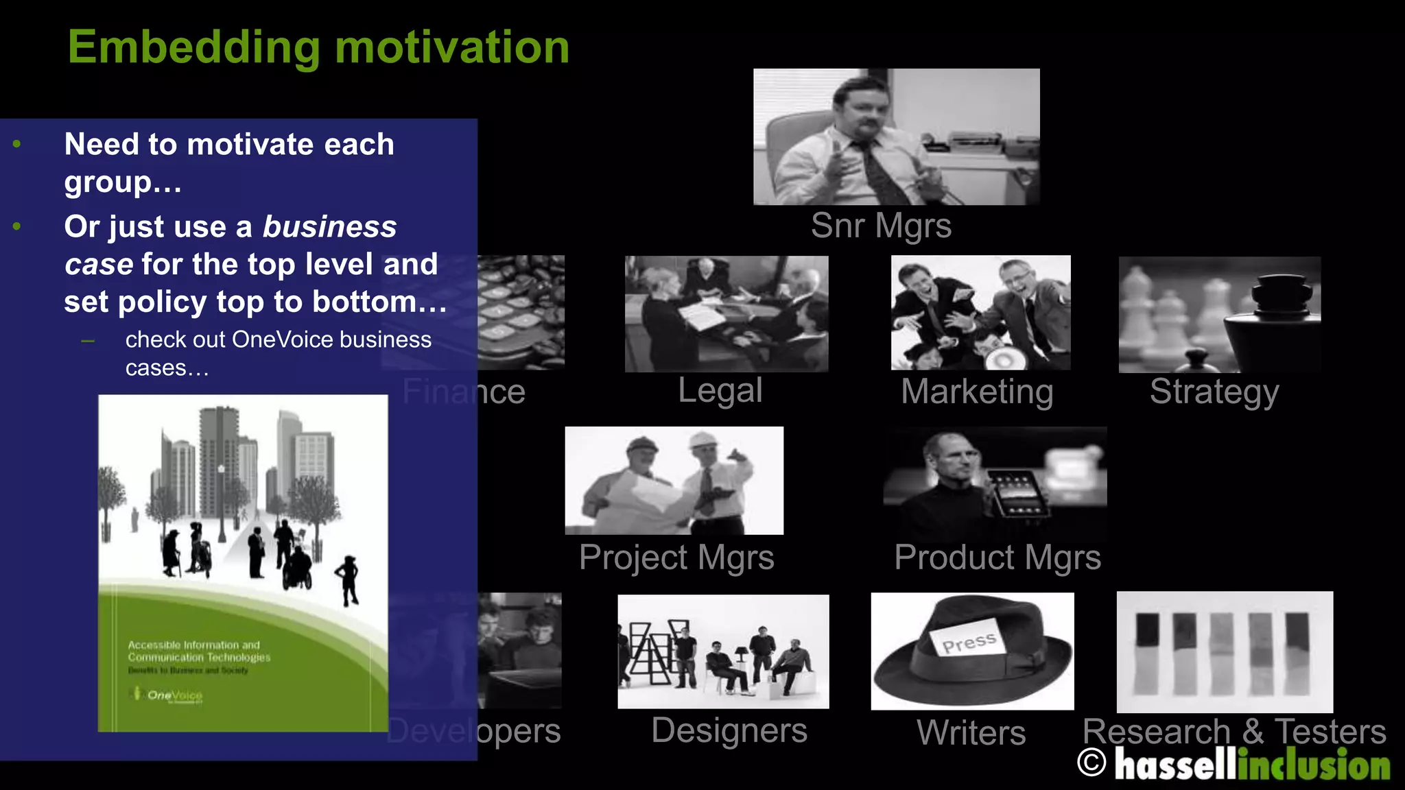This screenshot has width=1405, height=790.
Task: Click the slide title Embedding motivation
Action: click(x=318, y=48)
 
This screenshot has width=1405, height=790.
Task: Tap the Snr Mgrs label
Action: click(x=881, y=226)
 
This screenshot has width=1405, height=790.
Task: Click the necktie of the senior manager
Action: click(x=877, y=171)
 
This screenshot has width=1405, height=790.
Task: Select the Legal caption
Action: click(x=720, y=391)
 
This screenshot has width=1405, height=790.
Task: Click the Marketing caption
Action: click(x=977, y=392)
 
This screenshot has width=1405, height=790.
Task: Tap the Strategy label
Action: click(x=1214, y=392)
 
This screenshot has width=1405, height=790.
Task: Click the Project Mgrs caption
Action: click(x=676, y=557)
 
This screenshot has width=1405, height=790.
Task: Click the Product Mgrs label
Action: click(x=997, y=557)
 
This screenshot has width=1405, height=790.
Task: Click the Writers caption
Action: click(x=971, y=732)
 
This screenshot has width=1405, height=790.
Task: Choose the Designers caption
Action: click(x=729, y=730)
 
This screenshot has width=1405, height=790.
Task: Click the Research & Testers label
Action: click(x=1233, y=731)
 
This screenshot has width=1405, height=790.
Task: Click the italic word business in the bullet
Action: click(x=329, y=227)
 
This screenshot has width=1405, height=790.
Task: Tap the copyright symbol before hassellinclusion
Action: click(x=1091, y=763)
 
